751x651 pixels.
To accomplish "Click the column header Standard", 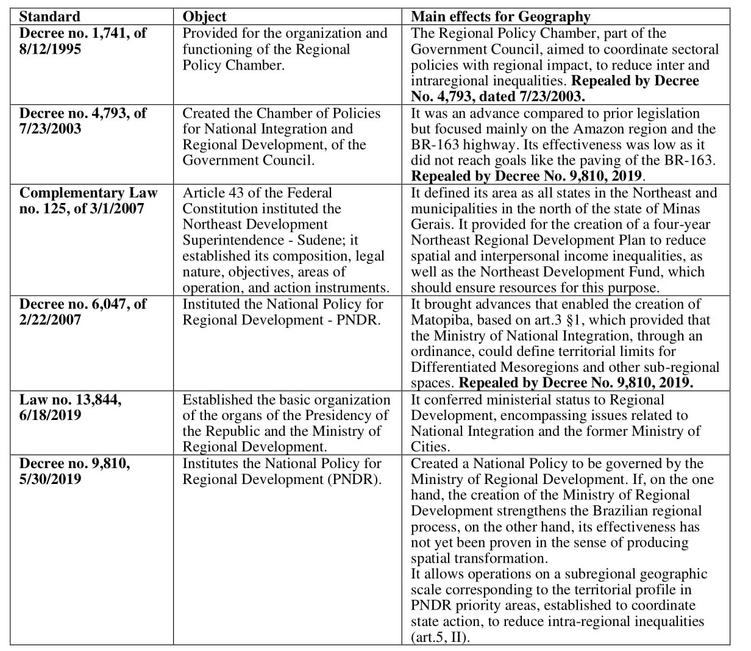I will point(49,16).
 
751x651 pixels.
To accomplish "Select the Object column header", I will point(204,16).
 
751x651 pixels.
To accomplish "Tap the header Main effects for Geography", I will point(500,16).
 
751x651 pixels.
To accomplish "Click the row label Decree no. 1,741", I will point(83,33).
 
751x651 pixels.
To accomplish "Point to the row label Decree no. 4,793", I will point(83,113).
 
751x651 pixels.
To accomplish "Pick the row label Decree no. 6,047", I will point(83,304).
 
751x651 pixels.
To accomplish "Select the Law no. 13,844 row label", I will point(71,399).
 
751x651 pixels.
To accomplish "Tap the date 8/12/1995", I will point(50,49).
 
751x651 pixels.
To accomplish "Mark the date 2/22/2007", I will point(50,319).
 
